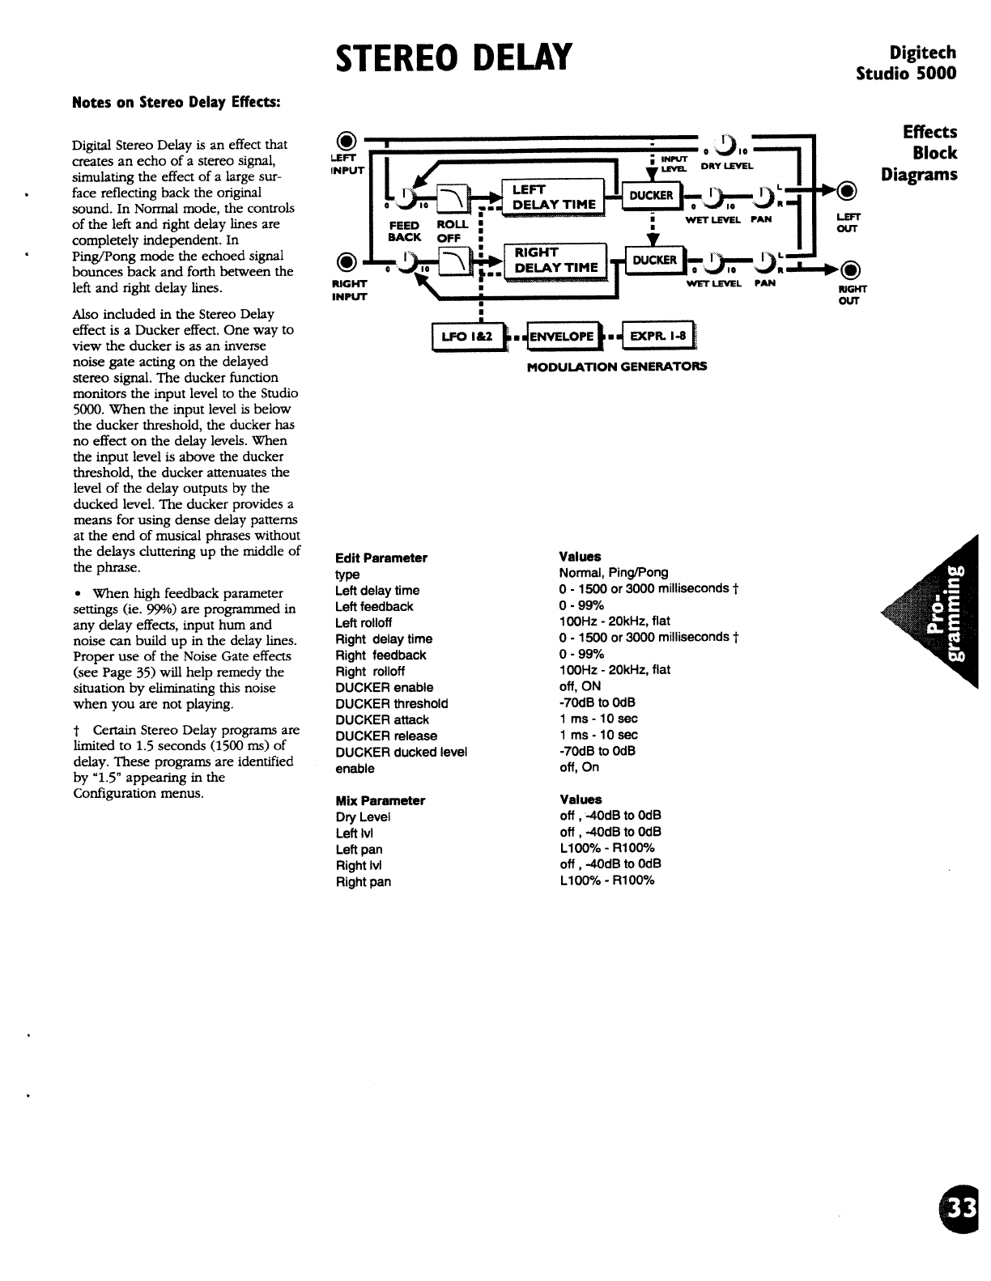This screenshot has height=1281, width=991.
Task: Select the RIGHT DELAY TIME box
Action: pos(555,260)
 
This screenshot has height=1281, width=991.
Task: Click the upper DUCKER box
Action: pos(652,195)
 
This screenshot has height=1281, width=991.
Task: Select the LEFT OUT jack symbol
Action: pos(846,192)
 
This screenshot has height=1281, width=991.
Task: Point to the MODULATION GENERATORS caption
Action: pos(616,366)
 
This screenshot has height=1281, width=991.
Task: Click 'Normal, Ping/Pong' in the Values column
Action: pos(614,573)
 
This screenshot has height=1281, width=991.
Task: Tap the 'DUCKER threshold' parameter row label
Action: pos(391,704)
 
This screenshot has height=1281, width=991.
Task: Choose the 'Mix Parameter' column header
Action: pos(380,800)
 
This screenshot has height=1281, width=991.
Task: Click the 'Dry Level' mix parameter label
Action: pos(363,817)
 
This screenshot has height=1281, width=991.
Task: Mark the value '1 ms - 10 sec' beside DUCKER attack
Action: pos(598,719)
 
